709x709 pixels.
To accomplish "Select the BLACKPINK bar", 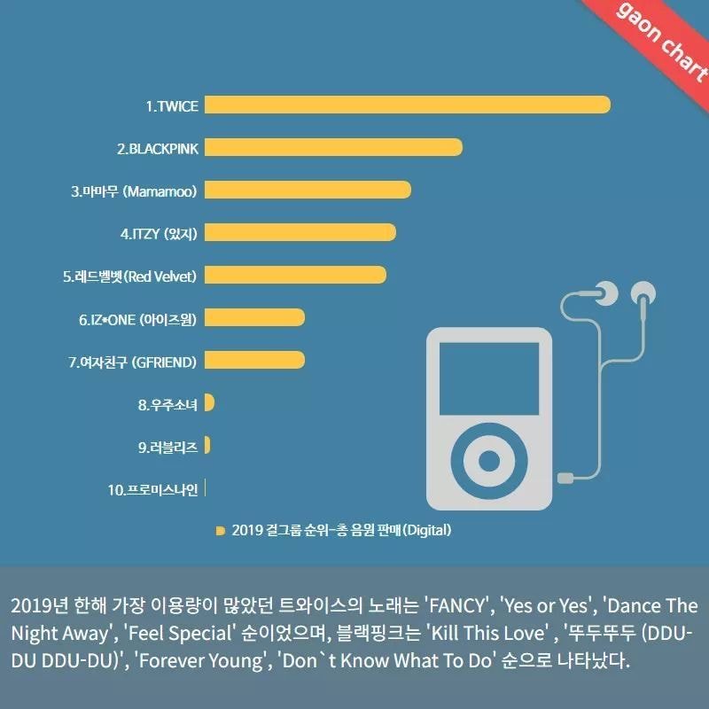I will (x=333, y=147).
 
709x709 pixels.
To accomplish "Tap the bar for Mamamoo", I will (x=308, y=190).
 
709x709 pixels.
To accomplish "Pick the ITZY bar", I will (x=300, y=232).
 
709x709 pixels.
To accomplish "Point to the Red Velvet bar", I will (x=295, y=275).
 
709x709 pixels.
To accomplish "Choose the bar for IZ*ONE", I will (x=254, y=317).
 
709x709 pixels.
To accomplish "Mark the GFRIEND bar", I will (x=254, y=360).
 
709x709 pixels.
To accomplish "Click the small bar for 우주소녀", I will (x=209, y=403).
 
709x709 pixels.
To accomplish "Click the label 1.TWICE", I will (x=172, y=105).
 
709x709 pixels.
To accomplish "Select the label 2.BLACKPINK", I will (x=158, y=148).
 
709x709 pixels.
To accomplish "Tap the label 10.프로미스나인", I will (x=152, y=489).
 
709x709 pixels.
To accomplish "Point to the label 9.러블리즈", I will (x=168, y=447).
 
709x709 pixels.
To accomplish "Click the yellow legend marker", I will (x=220, y=531).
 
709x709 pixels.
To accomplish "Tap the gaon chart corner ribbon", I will (x=661, y=41).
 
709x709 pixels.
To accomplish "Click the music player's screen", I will (x=489, y=382).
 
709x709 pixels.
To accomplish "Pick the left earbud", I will (x=607, y=292).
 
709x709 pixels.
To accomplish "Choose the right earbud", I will (x=643, y=292).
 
